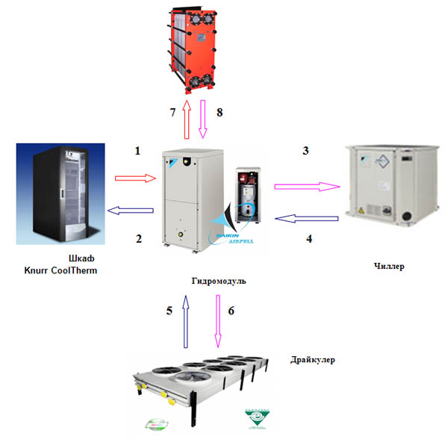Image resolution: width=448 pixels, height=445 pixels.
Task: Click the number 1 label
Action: coord(137,151)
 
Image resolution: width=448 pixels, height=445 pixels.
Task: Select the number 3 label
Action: coord(305,152)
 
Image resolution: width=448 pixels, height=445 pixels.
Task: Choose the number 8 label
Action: coord(219,113)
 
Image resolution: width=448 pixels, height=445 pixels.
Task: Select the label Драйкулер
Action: coord(312,360)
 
